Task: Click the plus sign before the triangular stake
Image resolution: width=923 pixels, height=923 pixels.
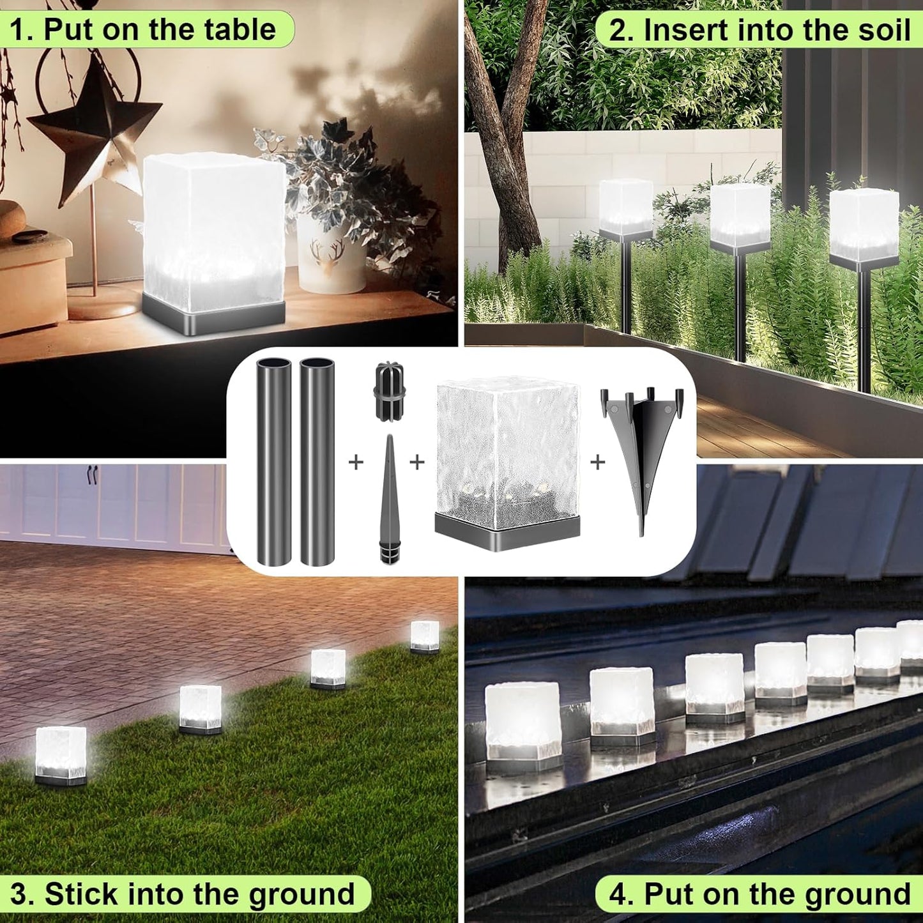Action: tap(597, 461)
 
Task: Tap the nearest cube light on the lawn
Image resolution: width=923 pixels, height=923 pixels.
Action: tap(61, 754)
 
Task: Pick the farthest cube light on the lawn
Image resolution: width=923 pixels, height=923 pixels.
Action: tap(424, 636)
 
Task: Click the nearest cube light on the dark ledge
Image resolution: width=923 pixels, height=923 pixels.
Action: tap(522, 722)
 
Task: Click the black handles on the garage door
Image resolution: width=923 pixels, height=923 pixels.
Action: tap(93, 475)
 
